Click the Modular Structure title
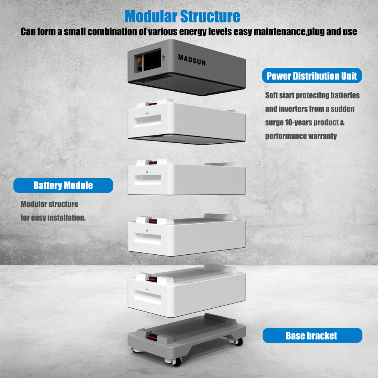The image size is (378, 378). click(182, 16)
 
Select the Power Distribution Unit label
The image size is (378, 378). click(312, 76)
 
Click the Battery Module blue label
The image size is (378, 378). click(63, 185)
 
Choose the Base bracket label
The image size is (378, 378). click(311, 335)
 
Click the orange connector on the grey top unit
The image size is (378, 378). click(139, 61)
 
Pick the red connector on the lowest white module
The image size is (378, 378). click(152, 279)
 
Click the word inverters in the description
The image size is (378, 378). click(298, 109)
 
